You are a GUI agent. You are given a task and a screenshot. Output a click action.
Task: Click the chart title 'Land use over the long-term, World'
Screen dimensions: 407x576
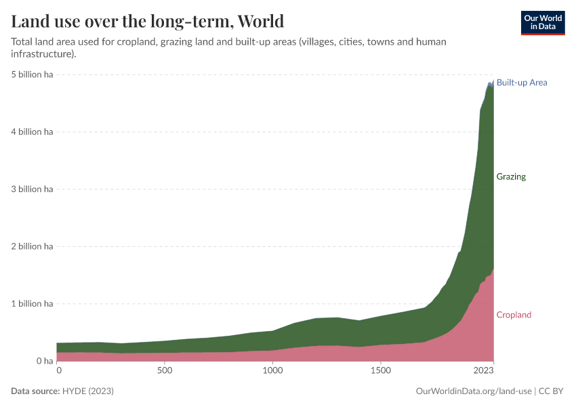148,21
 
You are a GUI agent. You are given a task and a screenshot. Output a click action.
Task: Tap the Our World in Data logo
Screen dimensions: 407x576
542,22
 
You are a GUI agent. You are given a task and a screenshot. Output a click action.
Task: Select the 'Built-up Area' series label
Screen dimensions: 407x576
521,83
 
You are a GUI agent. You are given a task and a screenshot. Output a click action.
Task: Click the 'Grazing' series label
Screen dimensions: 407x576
511,177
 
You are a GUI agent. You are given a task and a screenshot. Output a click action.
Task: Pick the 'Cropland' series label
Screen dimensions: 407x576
514,315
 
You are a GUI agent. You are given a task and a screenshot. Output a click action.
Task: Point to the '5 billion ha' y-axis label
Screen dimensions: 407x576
32,75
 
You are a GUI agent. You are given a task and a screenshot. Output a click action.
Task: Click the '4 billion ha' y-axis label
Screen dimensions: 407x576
32,132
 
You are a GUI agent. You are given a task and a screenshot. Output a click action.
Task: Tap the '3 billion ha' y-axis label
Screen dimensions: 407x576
32,189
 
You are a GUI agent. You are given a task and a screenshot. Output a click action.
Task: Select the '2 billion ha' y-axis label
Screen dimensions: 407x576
32,247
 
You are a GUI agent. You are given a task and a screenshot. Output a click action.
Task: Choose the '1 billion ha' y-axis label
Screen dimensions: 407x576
32,304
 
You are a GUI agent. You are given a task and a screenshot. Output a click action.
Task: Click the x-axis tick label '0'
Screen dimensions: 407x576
59,371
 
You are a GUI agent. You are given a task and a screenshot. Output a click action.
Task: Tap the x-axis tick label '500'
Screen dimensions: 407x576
165,371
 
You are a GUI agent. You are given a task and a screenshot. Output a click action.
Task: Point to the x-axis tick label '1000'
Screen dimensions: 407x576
272,371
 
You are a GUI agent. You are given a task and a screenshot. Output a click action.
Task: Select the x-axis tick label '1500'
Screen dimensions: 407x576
382,371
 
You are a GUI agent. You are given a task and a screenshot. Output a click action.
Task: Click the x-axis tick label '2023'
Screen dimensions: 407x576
483,371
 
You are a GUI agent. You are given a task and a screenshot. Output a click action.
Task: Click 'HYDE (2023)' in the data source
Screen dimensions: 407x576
88,391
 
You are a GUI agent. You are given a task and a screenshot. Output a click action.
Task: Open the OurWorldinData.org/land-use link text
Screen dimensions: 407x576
472,391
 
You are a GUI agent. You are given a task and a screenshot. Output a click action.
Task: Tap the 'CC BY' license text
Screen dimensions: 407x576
552,391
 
